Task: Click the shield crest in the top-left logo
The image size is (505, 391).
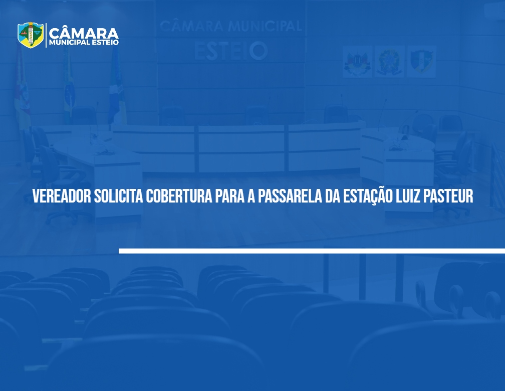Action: coord(30,35)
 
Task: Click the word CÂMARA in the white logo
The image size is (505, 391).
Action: coord(84,33)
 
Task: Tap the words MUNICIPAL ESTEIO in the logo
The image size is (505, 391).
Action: coord(84,43)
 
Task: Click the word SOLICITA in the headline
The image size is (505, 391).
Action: coord(119,196)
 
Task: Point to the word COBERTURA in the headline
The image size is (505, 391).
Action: coord(179,196)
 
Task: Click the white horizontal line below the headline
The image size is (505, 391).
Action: coord(312,251)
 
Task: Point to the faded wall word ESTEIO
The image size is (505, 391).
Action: coord(231,51)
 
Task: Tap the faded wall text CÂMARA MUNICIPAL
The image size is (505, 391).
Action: coord(231,26)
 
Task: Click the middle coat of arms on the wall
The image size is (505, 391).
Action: coord(389,62)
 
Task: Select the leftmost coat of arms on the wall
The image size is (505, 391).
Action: coord(357,62)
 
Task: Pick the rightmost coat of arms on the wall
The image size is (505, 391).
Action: coord(421,62)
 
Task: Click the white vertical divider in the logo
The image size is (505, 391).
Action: coord(46,35)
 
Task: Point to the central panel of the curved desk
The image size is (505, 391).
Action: coord(241,148)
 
